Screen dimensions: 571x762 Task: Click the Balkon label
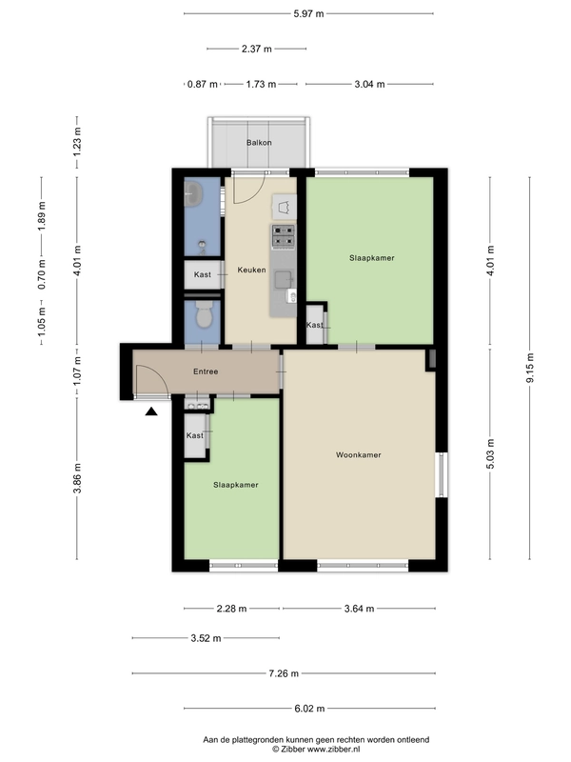[259, 142]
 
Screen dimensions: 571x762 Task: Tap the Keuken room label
[251, 270]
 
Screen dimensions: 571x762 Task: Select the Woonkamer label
[359, 455]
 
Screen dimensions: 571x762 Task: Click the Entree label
[206, 371]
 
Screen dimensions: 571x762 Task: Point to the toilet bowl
[203, 314]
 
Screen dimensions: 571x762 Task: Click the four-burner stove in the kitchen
[283, 236]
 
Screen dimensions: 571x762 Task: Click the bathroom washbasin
[193, 194]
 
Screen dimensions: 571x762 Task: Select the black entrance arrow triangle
[151, 411]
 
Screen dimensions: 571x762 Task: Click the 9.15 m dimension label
[530, 368]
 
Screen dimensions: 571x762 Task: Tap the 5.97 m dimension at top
[308, 13]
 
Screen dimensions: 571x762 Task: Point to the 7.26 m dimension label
[284, 673]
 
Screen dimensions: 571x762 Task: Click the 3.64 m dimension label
[360, 609]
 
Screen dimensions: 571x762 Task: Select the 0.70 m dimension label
[42, 274]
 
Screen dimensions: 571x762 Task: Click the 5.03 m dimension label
[490, 454]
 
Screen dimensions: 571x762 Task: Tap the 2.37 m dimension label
[257, 49]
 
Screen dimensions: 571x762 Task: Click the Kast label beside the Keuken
[203, 274]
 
